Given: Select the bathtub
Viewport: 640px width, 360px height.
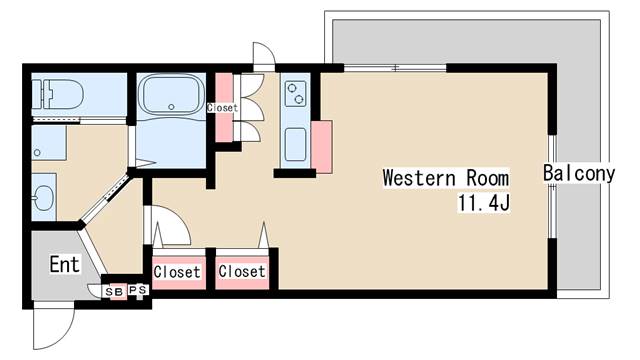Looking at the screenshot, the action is [x=171, y=95].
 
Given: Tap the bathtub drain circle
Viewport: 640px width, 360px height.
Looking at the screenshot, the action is [x=171, y=107].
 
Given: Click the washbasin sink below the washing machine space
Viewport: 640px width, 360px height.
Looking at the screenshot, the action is [x=43, y=198].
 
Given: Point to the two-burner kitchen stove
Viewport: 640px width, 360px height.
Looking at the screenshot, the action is [x=296, y=93].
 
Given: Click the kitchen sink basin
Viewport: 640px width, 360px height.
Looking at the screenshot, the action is [x=295, y=144].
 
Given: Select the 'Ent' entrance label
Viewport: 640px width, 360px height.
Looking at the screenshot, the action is [x=64, y=264].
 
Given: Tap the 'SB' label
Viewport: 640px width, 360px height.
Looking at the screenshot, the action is [x=114, y=292].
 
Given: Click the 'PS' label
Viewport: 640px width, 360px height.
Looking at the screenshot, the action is [x=138, y=290].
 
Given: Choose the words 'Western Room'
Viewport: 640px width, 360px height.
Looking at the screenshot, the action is [x=446, y=178].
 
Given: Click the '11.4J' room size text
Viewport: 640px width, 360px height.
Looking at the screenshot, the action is [x=484, y=203].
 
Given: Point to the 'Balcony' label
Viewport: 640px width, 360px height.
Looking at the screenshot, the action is [x=579, y=173].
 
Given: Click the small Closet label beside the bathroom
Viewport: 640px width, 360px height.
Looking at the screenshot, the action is [x=222, y=108].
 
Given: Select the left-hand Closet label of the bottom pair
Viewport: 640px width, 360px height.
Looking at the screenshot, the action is [x=177, y=272].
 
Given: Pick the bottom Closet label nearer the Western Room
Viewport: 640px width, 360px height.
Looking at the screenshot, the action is [x=242, y=271].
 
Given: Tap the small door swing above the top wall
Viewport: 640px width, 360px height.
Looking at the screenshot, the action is [x=264, y=53].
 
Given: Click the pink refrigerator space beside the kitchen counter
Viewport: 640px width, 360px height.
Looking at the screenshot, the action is [x=322, y=147].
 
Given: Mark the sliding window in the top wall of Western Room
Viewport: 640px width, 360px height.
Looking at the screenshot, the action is [x=395, y=68].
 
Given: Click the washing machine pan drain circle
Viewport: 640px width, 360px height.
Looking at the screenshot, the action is [x=37, y=153].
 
